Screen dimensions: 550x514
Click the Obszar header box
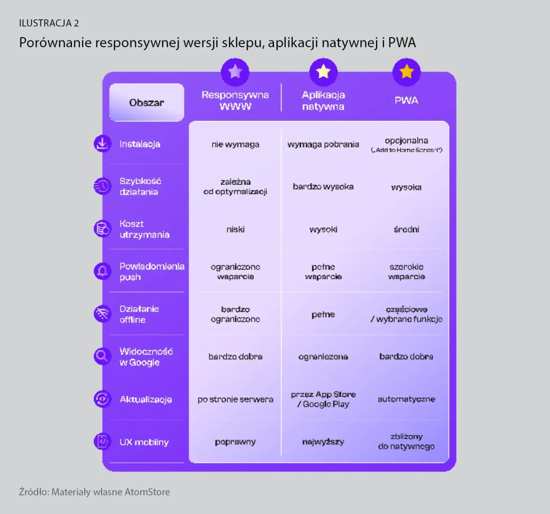tap(147, 103)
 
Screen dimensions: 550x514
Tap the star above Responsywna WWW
tap(235, 71)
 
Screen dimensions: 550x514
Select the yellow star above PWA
tap(407, 71)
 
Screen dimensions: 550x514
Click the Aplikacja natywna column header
tap(323, 100)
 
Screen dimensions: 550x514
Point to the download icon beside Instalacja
tap(103, 144)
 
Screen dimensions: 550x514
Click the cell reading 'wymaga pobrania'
tap(323, 144)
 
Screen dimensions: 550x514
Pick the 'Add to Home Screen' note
tap(407, 150)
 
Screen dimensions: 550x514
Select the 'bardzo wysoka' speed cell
tap(323, 187)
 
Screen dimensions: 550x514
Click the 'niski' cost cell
tap(235, 229)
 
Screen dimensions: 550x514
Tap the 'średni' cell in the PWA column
tap(407, 229)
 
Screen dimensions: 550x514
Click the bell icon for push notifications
tap(103, 271)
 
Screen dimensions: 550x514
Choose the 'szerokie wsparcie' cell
tap(407, 272)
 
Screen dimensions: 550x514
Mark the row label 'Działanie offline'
tap(139, 314)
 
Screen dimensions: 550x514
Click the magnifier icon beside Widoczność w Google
tap(103, 357)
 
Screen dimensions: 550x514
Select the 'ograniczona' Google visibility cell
tap(323, 357)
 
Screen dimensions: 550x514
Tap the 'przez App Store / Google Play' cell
tap(323, 399)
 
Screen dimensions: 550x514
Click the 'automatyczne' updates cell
tap(407, 399)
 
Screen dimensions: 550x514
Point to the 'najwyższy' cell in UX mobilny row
tap(323, 441)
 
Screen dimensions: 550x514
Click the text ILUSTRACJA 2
tap(49, 23)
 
